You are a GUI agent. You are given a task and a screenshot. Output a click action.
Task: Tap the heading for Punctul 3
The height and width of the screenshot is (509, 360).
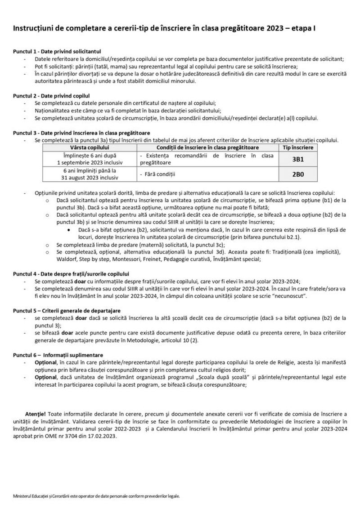click(x=81, y=133)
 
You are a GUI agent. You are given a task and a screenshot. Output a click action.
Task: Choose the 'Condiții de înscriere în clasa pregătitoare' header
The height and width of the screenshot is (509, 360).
click(x=207, y=147)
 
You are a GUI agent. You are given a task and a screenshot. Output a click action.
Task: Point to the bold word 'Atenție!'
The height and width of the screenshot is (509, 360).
click(x=36, y=413)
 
